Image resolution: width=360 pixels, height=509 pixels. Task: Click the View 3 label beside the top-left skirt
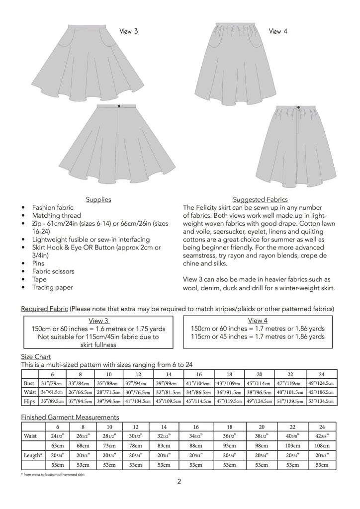click(128, 31)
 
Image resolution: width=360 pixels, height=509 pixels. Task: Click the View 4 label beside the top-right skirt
click(277, 31)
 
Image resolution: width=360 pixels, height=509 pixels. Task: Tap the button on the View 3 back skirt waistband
click(119, 106)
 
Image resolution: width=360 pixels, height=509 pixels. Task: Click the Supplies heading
click(98, 199)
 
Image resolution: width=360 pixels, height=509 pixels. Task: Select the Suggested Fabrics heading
click(260, 199)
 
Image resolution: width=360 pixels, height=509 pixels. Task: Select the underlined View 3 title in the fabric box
click(98, 321)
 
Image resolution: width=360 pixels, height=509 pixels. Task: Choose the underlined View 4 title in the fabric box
click(258, 320)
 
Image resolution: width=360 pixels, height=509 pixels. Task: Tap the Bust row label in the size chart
click(29, 383)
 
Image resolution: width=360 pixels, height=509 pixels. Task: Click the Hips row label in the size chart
click(29, 401)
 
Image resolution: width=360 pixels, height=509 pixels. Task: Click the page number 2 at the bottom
click(180, 482)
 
